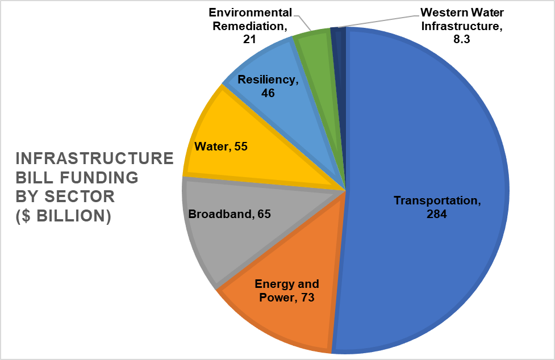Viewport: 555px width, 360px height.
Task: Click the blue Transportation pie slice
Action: (x=432, y=142)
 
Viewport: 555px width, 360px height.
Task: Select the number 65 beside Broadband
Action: (x=264, y=214)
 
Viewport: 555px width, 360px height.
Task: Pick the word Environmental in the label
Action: (x=251, y=12)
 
